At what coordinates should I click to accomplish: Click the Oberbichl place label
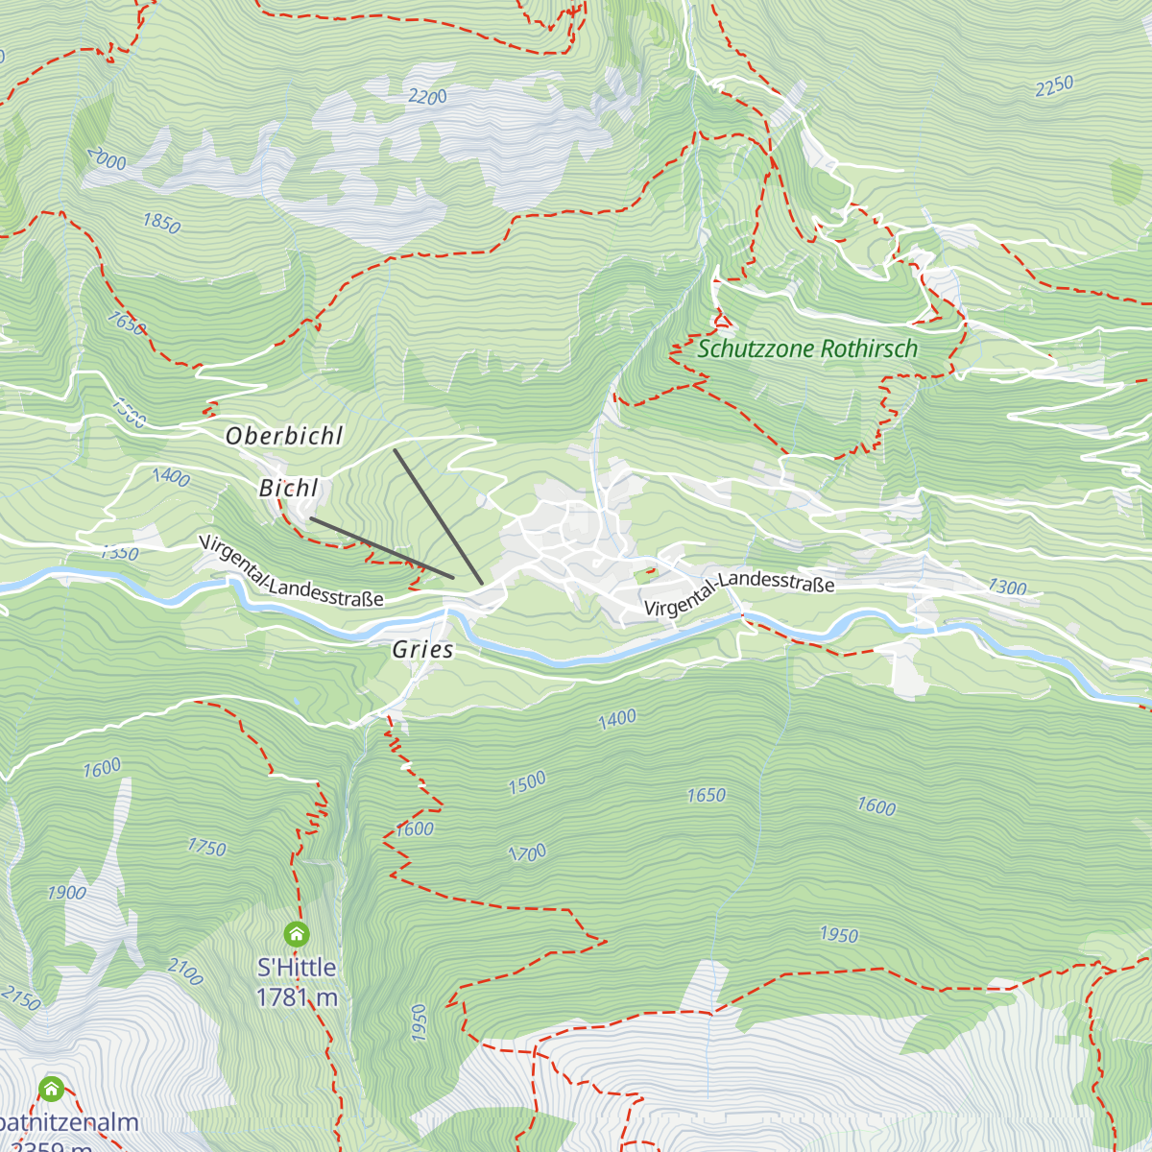[x=284, y=436]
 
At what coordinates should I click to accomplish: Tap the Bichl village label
[x=288, y=488]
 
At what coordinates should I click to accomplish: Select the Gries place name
[x=422, y=650]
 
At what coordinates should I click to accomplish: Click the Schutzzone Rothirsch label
[x=807, y=348]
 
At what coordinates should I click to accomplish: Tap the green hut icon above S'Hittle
[x=297, y=933]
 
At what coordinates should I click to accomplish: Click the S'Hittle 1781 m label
[x=297, y=982]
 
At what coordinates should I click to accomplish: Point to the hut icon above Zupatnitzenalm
[x=51, y=1089]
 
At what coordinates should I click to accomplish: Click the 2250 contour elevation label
[x=1054, y=86]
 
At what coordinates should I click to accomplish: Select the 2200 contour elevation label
[x=427, y=97]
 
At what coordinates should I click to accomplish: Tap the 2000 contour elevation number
[x=106, y=159]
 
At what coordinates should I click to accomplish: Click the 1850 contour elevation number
[x=161, y=224]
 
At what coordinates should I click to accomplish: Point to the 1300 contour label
[x=1007, y=587]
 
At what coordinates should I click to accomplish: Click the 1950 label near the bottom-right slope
[x=838, y=934]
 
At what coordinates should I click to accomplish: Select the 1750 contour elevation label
[x=206, y=847]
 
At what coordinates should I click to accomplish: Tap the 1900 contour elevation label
[x=66, y=893]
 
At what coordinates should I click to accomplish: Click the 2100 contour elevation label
[x=185, y=972]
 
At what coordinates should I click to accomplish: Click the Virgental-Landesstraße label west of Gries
[x=291, y=572]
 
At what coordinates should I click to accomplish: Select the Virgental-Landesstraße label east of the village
[x=738, y=593]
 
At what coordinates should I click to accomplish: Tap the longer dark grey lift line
[x=438, y=516]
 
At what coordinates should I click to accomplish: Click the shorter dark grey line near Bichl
[x=381, y=548]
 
